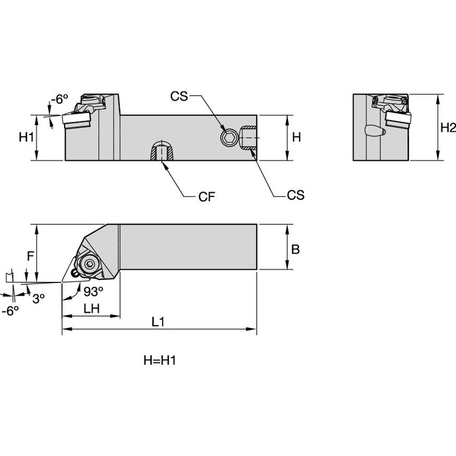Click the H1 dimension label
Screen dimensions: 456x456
click(x=27, y=137)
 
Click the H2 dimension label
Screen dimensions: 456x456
click(x=448, y=128)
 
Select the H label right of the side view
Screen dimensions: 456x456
click(x=297, y=137)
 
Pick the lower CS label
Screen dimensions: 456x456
click(x=295, y=195)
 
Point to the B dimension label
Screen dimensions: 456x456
click(x=295, y=249)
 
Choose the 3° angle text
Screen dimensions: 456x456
click(x=38, y=298)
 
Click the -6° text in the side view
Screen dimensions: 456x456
click(x=60, y=99)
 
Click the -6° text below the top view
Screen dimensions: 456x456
click(x=10, y=311)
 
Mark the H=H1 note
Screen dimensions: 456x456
click(x=160, y=361)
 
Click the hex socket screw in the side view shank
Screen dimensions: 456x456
click(x=229, y=138)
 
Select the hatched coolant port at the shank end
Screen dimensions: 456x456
click(x=249, y=137)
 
